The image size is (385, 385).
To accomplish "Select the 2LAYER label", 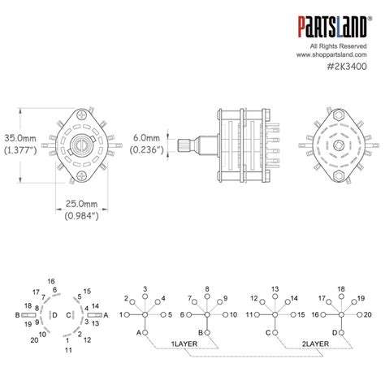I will pos(316,344).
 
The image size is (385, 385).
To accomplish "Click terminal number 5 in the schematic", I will pos(170,314).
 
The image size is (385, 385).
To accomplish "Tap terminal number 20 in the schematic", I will pos(366,314).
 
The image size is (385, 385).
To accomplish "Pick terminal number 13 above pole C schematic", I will pos(275,289).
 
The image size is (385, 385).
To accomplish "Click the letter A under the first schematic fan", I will pos(139,333).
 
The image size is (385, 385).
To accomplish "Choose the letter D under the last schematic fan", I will pos(335,333).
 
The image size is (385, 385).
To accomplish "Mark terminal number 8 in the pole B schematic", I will pos(209,289).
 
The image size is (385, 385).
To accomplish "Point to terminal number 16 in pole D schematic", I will pos(316,314).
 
